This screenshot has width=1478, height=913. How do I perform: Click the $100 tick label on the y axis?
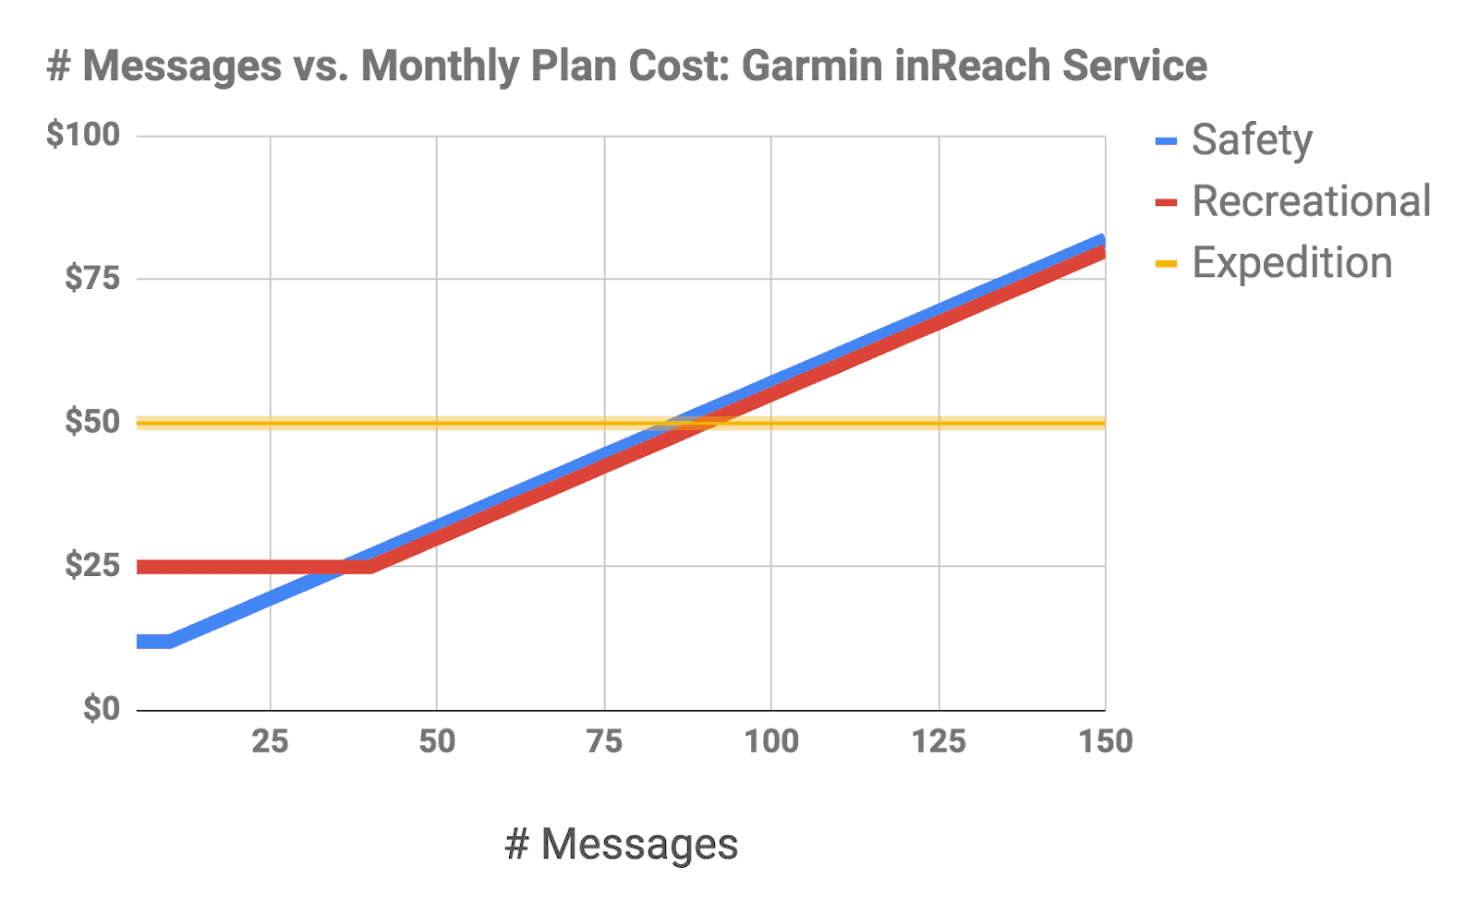pyautogui.click(x=83, y=135)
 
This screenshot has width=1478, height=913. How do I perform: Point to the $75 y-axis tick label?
pyautogui.click(x=92, y=278)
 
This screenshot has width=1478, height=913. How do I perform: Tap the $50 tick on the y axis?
pyautogui.click(x=92, y=422)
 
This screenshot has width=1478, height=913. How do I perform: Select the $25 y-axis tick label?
pyautogui.click(x=92, y=565)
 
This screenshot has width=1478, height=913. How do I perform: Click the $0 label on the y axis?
pyautogui.click(x=102, y=709)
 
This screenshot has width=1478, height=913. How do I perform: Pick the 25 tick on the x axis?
pyautogui.click(x=270, y=741)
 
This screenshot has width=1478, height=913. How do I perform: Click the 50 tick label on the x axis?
pyautogui.click(x=437, y=741)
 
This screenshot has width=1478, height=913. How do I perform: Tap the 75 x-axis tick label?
pyautogui.click(x=604, y=741)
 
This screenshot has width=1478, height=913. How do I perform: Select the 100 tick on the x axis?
pyautogui.click(x=771, y=741)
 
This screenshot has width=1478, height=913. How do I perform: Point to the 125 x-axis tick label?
pyautogui.click(x=939, y=741)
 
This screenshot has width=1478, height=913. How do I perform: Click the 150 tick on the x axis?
pyautogui.click(x=1106, y=741)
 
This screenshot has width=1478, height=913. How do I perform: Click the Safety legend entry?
pyautogui.click(x=1252, y=140)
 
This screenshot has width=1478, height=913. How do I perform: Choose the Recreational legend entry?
pyautogui.click(x=1311, y=201)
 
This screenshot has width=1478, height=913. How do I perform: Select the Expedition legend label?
pyautogui.click(x=1291, y=263)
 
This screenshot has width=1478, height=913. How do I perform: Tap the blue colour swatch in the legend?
pyautogui.click(x=1166, y=141)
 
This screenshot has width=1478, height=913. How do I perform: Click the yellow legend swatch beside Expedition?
pyautogui.click(x=1166, y=264)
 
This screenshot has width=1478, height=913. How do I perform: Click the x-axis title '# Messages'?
pyautogui.click(x=622, y=844)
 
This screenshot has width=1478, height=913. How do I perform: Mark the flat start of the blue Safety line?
pyautogui.click(x=153, y=642)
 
